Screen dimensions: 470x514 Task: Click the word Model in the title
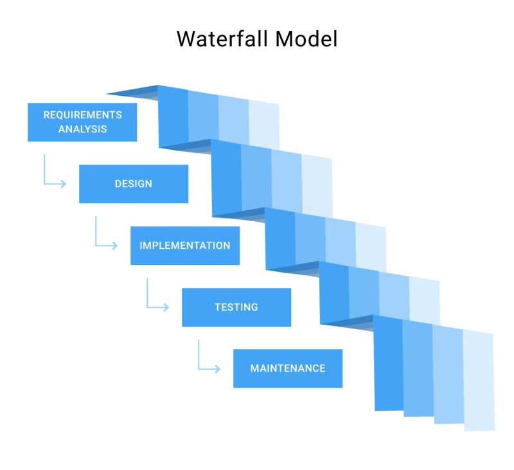point(306,39)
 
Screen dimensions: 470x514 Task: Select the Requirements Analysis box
point(82,122)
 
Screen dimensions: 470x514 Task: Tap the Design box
point(134,184)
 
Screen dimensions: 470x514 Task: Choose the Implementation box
point(185,246)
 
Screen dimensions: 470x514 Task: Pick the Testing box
point(236,307)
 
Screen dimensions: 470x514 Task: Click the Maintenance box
point(288,368)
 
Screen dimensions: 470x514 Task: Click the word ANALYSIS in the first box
point(82,129)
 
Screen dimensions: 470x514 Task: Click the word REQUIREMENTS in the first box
point(82,115)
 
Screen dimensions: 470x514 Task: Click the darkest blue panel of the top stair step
point(173,119)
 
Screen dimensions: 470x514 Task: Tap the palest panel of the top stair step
point(264,125)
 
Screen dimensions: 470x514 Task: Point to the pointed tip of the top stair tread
point(109,93)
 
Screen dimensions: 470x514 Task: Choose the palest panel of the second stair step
point(317,186)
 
